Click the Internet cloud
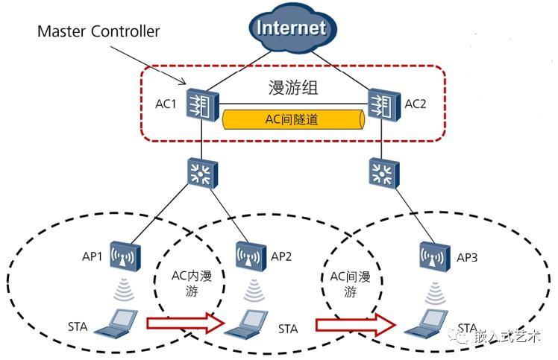point(291,30)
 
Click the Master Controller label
point(98,32)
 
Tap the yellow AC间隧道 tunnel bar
point(291,119)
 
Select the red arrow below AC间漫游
point(354,324)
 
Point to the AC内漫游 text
point(191,284)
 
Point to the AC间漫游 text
point(350,284)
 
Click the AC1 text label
point(166,104)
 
